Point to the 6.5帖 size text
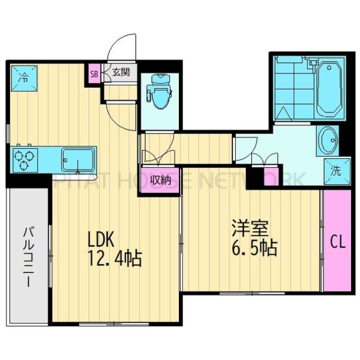(254, 248)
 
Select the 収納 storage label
(158, 179)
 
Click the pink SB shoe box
(94, 74)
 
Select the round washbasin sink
(328, 141)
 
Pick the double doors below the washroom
(264, 159)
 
